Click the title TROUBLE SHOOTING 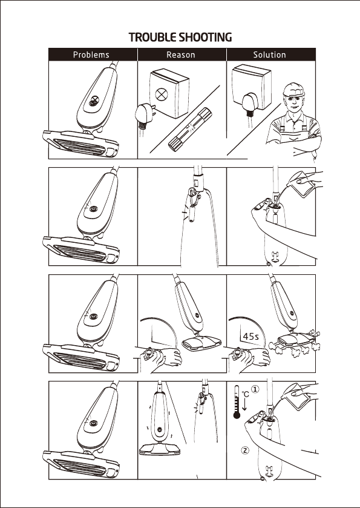coord(180,38)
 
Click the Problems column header coord(91,54)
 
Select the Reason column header coord(181,54)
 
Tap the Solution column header coord(270,54)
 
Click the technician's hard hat coord(293,89)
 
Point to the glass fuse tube coord(190,129)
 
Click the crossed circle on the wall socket coord(161,94)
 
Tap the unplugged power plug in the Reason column coord(145,115)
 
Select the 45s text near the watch coord(251,337)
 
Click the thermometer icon coord(237,401)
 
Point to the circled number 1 coord(255,389)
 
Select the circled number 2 coord(246,450)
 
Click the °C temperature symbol coord(246,394)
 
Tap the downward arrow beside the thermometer coord(244,405)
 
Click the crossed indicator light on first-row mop coord(94,101)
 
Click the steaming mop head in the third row coord(294,342)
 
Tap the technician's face coord(294,103)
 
